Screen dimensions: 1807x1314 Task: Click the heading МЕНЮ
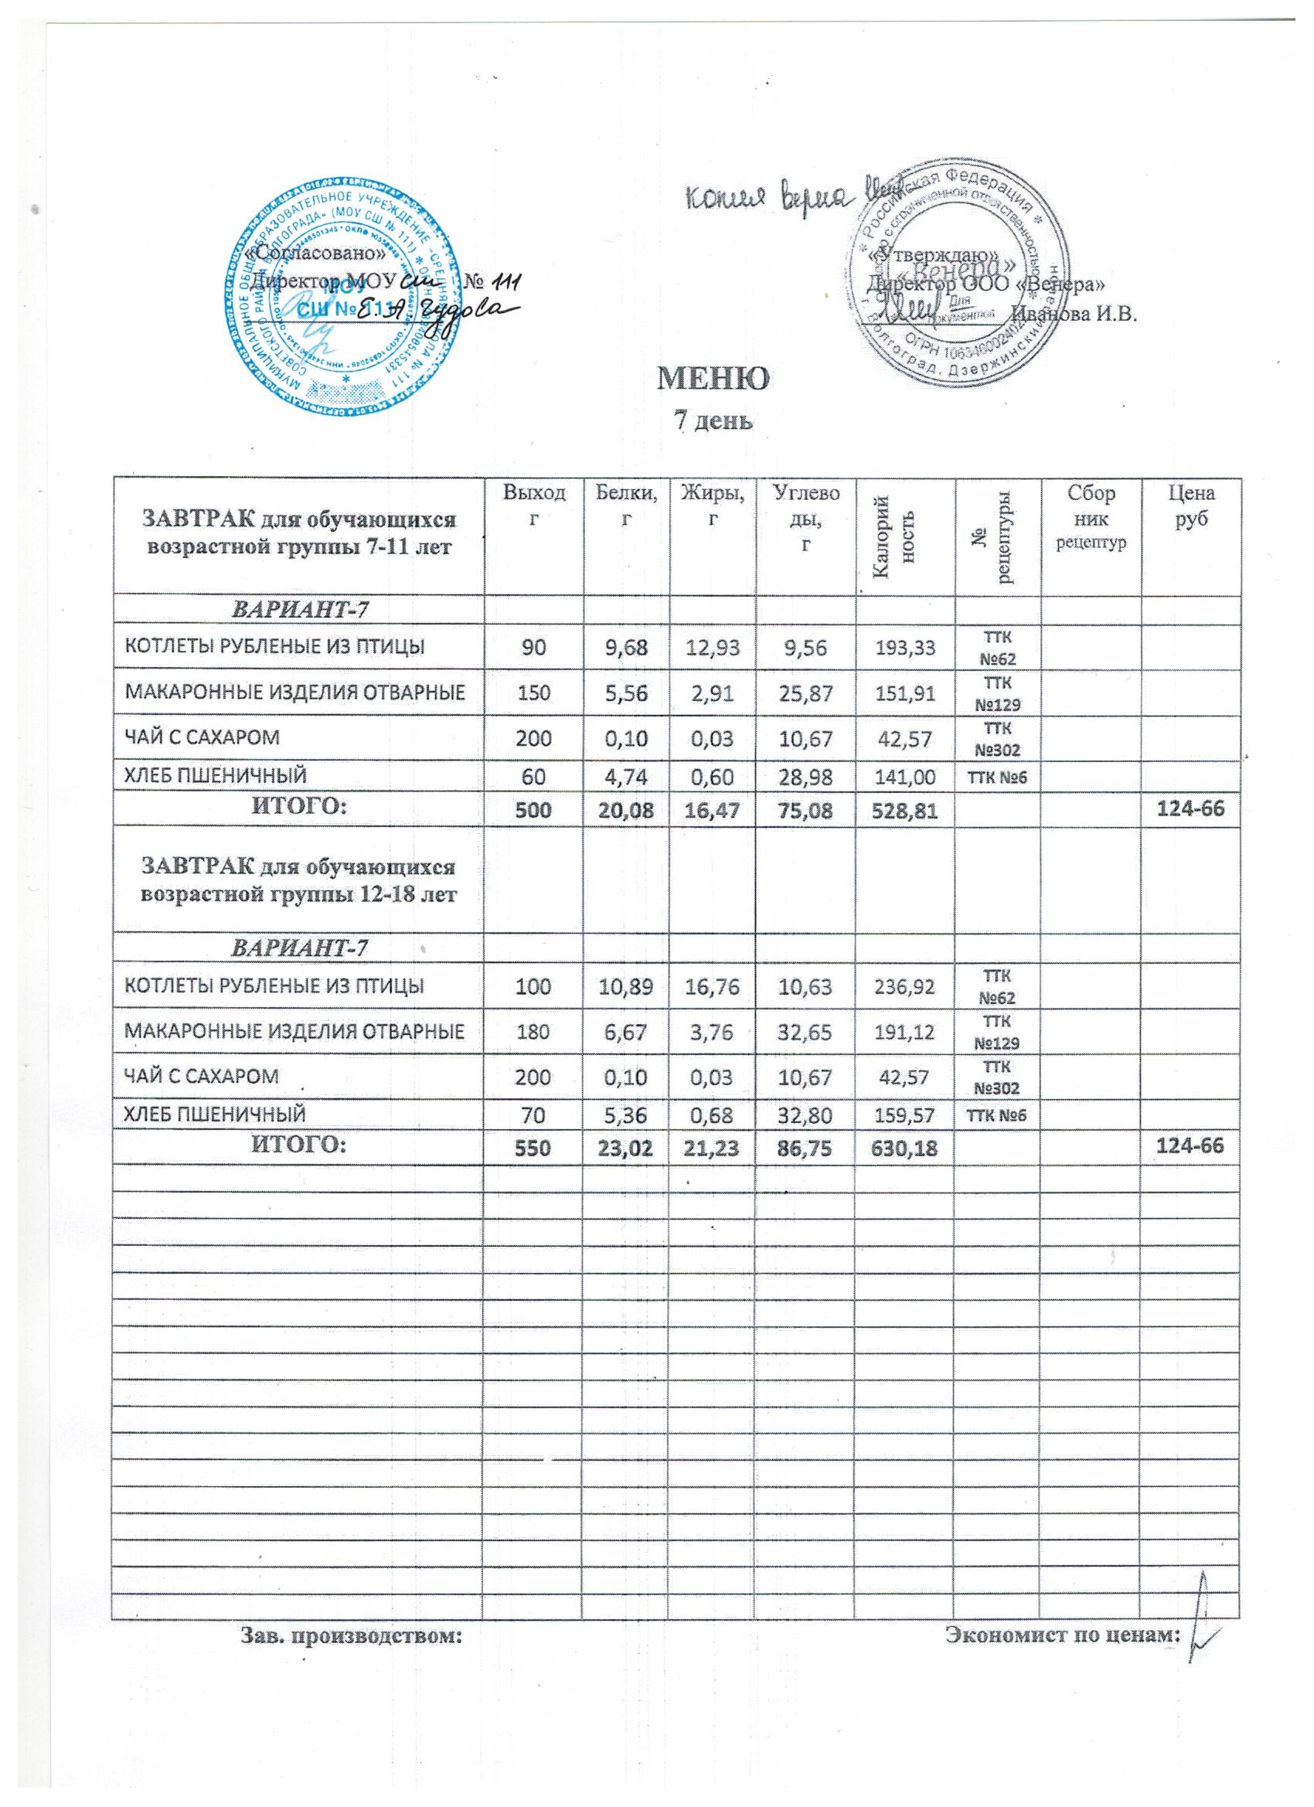coord(713,379)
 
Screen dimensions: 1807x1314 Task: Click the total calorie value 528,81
coord(905,808)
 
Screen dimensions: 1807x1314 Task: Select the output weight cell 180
coord(534,1033)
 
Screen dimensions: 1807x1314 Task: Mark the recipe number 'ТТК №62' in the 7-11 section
coord(998,647)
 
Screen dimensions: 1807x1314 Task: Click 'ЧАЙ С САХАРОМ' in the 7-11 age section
coord(200,737)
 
